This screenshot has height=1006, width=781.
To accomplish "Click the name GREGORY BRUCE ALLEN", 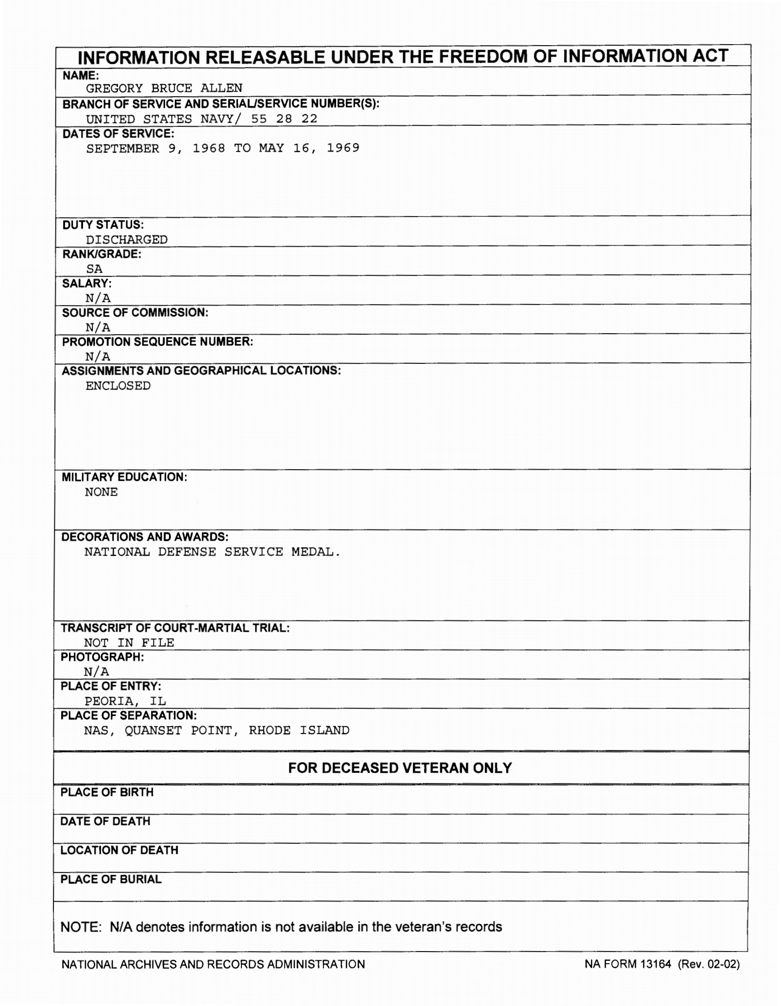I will coord(164,88).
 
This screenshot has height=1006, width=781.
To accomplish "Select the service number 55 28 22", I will coord(284,119).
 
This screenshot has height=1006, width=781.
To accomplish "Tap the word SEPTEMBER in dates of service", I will coord(122,148).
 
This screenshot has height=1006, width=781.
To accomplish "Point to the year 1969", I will coord(342,148).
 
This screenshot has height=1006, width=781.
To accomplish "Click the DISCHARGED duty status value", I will coord(126,239).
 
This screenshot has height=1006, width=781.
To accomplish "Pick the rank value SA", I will coord(94,269).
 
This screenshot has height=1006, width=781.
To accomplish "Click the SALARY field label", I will coord(86,283).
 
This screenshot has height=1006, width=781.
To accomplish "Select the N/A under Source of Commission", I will coord(98,327).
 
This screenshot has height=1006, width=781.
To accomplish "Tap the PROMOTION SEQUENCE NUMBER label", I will coord(157,341).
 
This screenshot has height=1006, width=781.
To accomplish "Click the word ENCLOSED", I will coord(118,386).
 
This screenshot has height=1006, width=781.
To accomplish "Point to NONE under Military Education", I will coord(101,492).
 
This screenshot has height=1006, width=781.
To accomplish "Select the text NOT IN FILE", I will coord(129,643).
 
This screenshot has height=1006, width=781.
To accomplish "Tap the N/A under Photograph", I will coord(96,672).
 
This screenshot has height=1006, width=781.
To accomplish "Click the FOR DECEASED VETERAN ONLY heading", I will coord(400,768).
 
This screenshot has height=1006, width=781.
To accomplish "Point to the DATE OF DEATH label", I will coord(105,821).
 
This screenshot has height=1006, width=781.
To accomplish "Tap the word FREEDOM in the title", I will coord(474,56).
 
